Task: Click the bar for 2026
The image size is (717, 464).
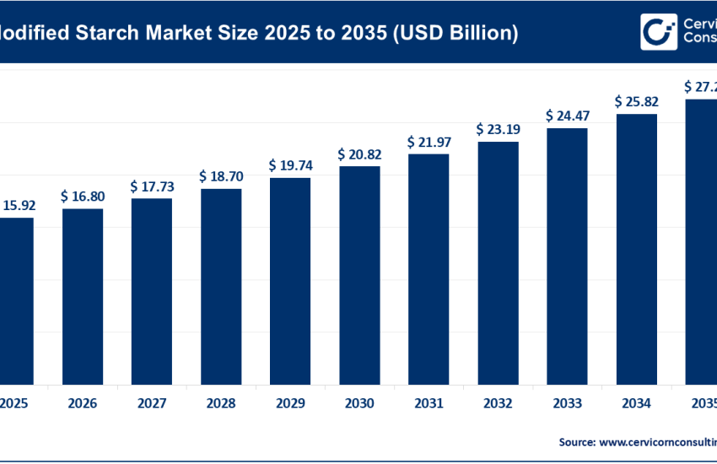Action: pyautogui.click(x=82, y=295)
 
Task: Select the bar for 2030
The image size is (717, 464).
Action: pyautogui.click(x=359, y=274)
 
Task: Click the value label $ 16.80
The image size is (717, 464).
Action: pyautogui.click(x=82, y=197)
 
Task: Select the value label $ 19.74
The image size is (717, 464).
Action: pyautogui.click(x=290, y=165)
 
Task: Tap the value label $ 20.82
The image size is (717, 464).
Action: pyautogui.click(x=359, y=154)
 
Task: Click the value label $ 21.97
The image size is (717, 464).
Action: pyautogui.click(x=429, y=142)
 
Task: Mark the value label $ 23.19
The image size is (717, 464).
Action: pyautogui.click(x=498, y=130)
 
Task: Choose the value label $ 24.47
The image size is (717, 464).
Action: pyautogui.click(x=567, y=116)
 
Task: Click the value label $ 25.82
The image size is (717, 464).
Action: pyautogui.click(x=637, y=102)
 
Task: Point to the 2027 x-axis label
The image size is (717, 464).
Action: pyautogui.click(x=152, y=404)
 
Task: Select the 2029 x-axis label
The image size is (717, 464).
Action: pyautogui.click(x=290, y=404)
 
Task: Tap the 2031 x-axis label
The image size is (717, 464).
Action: pyautogui.click(x=429, y=404)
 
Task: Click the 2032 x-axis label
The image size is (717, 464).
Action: pyautogui.click(x=498, y=404)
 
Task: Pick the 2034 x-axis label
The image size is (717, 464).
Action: pyautogui.click(x=637, y=404)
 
